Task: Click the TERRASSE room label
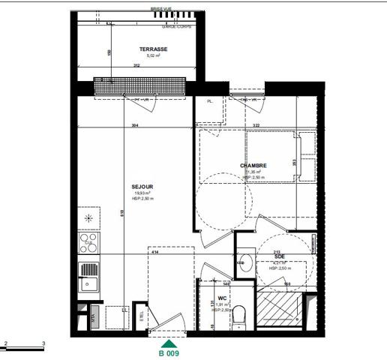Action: (x=153, y=49)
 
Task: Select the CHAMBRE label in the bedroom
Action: (x=253, y=166)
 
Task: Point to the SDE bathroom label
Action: (x=279, y=256)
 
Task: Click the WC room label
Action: (x=222, y=298)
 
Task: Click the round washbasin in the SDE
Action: (x=244, y=262)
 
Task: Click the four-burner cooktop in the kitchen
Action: (x=88, y=241)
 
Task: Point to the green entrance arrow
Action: (x=167, y=343)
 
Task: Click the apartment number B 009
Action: (x=167, y=352)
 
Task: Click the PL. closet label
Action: (x=211, y=101)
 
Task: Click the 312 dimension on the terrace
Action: (x=136, y=65)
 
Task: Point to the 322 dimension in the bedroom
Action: (x=255, y=125)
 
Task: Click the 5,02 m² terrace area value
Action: (x=154, y=55)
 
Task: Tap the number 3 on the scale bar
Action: (x=44, y=343)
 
